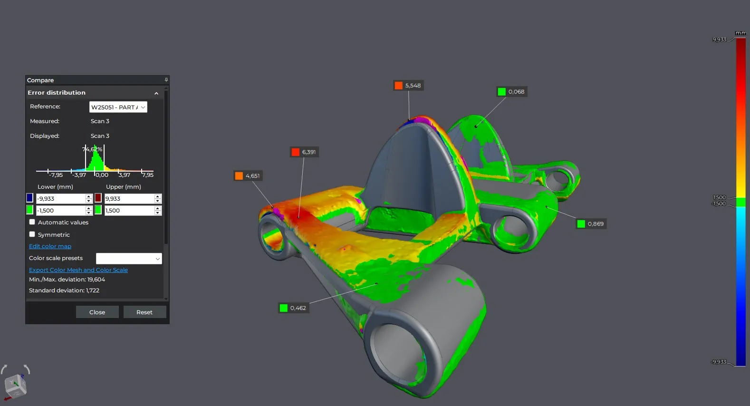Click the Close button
pyautogui.click(x=97, y=312)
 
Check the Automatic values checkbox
pyautogui.click(x=32, y=222)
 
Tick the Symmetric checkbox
pyautogui.click(x=32, y=234)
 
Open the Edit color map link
pyautogui.click(x=50, y=246)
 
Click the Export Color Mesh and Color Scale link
pyautogui.click(x=78, y=270)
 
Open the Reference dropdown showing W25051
pyautogui.click(x=118, y=107)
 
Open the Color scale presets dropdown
pyautogui.click(x=129, y=259)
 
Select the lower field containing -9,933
pyautogui.click(x=61, y=199)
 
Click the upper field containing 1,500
pyautogui.click(x=129, y=211)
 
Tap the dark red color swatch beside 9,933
pyautogui.click(x=98, y=198)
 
